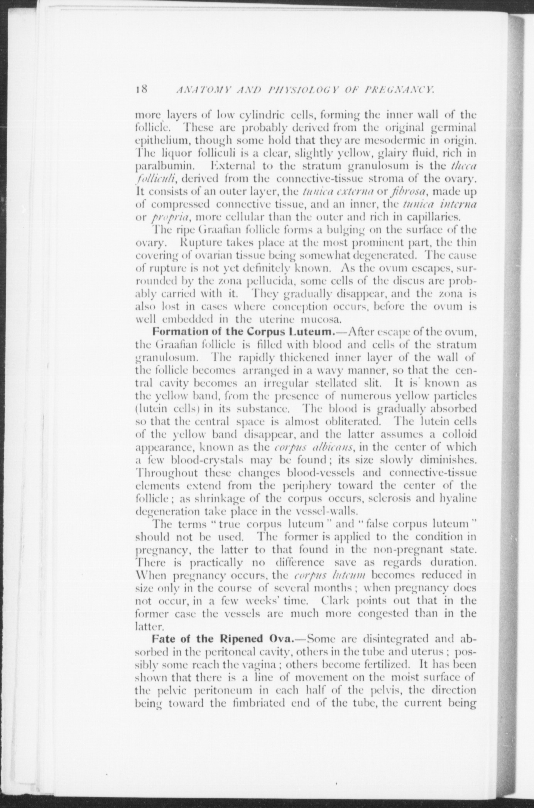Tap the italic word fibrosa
405,191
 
